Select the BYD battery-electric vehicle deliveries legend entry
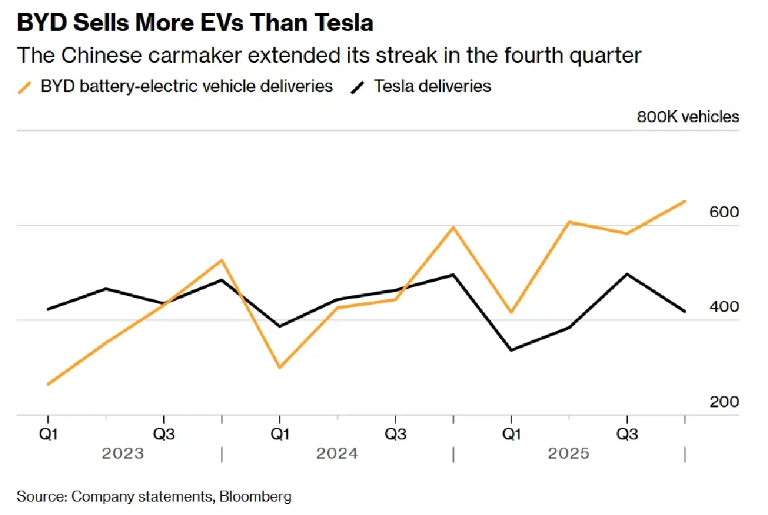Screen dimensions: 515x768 tap(186, 86)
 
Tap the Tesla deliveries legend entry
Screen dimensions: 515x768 tap(433, 86)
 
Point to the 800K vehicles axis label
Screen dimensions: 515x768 tap(687, 117)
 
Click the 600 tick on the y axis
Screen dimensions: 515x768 tap(724, 212)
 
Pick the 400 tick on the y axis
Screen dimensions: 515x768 tap(724, 307)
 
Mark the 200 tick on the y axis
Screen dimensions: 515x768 tap(724, 402)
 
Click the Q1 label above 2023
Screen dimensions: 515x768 tap(49, 434)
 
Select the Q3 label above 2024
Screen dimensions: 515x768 tap(396, 434)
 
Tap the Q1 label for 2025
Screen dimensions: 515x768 tap(511, 434)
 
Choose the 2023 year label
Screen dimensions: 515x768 tap(123, 454)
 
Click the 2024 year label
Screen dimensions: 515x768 tap(337, 454)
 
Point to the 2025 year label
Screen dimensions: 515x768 tap(569, 454)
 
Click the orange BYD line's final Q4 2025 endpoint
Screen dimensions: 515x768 tap(685, 201)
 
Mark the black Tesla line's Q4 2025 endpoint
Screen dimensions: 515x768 tap(685, 311)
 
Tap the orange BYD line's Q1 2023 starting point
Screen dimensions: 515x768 tap(49, 384)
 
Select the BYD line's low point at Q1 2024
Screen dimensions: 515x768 tap(280, 367)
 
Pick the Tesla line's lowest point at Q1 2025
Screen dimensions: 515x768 tap(511, 350)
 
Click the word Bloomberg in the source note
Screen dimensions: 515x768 tap(257, 496)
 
